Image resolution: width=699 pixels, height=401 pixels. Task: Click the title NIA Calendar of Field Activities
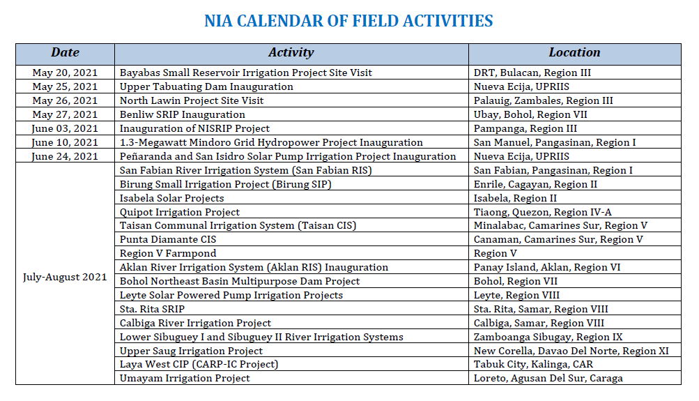(348, 21)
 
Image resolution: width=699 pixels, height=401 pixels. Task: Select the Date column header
(65, 53)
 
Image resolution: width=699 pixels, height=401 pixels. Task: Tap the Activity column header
(291, 53)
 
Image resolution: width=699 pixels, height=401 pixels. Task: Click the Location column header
(574, 53)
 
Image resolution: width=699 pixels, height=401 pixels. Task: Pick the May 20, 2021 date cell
(65, 73)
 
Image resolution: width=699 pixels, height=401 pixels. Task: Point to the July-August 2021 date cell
(65, 277)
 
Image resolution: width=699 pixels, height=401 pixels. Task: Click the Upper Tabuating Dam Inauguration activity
(206, 86)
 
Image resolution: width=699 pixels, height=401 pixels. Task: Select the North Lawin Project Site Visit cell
(192, 100)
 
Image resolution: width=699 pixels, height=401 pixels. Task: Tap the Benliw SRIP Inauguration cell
(183, 114)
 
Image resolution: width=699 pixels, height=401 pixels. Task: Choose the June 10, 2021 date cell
(65, 142)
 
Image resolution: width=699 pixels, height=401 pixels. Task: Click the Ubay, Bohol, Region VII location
(530, 114)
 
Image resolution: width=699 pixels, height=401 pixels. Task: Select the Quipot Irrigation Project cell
(180, 212)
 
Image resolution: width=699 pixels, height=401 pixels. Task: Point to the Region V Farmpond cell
(168, 253)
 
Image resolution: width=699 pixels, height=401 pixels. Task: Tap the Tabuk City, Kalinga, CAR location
(534, 364)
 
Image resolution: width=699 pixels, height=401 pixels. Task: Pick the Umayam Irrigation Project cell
(185, 378)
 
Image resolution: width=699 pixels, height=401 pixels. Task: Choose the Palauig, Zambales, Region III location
(544, 100)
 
